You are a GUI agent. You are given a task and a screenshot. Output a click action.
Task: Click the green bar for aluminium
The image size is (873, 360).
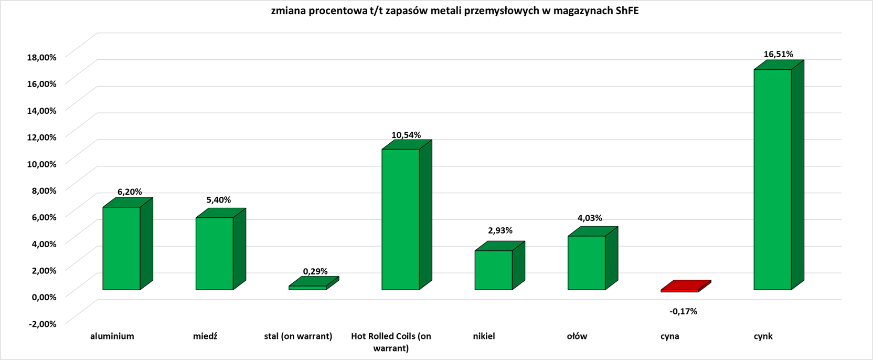(121, 248)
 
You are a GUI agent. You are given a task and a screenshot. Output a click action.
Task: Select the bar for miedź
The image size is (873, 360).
(214, 253)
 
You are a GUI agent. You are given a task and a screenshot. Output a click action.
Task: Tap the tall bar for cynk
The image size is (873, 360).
(772, 179)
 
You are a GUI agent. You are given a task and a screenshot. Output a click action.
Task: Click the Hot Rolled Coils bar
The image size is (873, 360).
(400, 219)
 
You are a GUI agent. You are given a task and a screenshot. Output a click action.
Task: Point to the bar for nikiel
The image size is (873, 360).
(493, 270)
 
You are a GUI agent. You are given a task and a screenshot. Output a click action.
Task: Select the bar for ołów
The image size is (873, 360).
(586, 262)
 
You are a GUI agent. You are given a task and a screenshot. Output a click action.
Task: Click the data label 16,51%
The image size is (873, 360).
(778, 54)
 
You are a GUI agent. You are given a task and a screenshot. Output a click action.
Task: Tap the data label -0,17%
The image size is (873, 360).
(683, 311)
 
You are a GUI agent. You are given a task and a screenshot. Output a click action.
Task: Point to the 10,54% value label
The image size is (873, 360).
(406, 135)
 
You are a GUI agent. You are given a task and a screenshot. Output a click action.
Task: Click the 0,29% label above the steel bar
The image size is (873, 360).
(315, 271)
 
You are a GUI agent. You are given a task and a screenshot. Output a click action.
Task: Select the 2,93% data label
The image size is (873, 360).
(500, 230)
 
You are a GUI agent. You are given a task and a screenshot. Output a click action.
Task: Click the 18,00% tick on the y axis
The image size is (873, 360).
(41, 57)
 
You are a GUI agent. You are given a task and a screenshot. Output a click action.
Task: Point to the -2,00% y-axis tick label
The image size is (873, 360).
(42, 324)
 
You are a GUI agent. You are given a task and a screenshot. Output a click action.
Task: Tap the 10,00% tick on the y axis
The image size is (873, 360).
(41, 164)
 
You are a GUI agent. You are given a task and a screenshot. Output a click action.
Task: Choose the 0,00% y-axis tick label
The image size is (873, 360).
(44, 297)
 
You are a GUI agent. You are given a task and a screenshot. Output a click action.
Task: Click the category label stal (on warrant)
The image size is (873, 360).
(298, 336)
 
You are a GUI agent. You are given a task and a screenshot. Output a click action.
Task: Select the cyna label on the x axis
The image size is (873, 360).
(669, 336)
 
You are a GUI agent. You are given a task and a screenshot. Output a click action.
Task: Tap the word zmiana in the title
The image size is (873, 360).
(288, 11)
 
